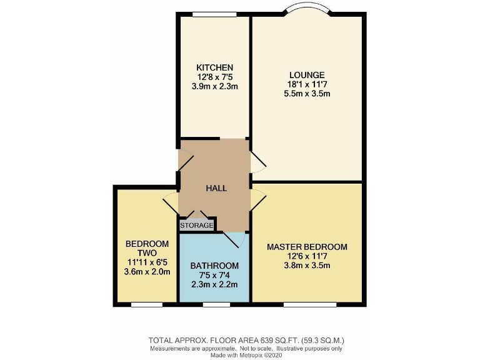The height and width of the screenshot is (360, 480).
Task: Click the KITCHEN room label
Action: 214,67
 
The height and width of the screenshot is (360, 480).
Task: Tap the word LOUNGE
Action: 306,75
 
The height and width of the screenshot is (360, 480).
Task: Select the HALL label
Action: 216,187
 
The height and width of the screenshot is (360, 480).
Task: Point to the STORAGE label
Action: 197,225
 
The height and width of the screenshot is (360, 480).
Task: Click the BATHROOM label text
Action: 214,265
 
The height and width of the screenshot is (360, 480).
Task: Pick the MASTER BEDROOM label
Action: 307,247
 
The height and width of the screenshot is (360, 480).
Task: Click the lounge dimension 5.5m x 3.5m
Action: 306,94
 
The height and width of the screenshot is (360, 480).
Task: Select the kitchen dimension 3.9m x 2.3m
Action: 214,86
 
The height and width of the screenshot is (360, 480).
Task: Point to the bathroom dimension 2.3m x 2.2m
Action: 214,284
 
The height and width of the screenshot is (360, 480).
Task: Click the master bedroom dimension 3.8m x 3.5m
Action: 307,266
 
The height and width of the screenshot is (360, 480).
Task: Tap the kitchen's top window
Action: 214,14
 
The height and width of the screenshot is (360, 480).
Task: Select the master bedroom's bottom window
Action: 307,305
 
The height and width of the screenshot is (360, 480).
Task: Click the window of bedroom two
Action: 147,305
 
